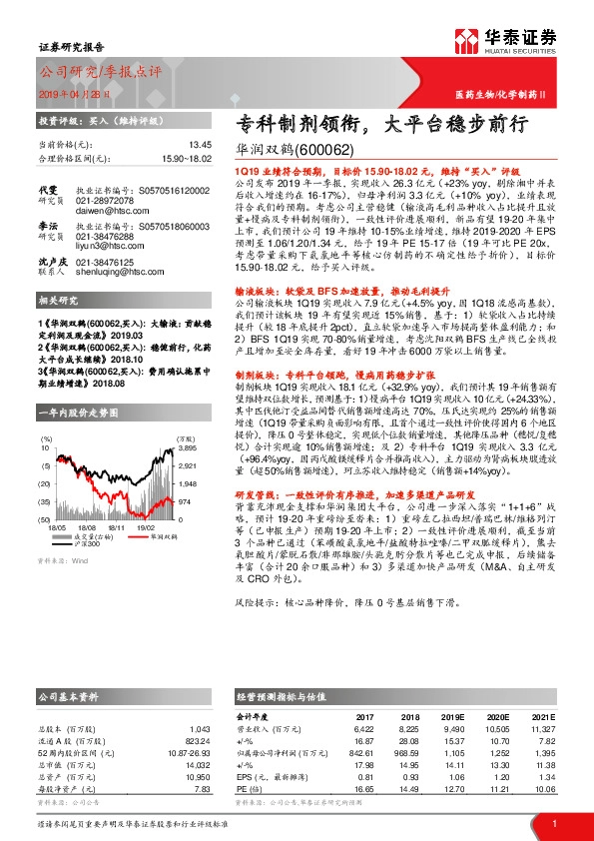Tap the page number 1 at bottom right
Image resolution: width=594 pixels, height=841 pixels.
[x=552, y=823]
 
